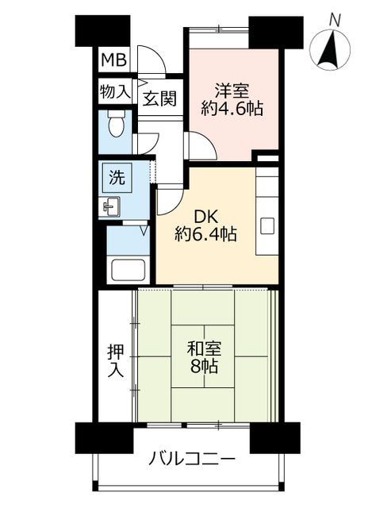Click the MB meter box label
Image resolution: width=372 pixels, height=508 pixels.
pyautogui.click(x=113, y=60)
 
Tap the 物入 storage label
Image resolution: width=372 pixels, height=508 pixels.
pyautogui.click(x=115, y=92)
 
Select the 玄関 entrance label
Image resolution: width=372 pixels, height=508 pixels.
pyautogui.click(x=159, y=98)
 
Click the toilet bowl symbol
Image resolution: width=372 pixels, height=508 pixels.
pyautogui.click(x=116, y=124)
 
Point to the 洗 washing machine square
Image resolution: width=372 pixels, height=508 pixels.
pyautogui.click(x=117, y=178)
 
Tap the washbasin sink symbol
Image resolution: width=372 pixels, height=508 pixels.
pyautogui.click(x=111, y=206)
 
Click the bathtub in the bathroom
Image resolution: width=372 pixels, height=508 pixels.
pyautogui.click(x=128, y=270)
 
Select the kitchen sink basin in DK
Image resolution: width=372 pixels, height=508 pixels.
pyautogui.click(x=267, y=225)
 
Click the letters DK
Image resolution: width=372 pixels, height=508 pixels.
pyautogui.click(x=206, y=217)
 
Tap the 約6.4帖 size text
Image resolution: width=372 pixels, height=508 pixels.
pyautogui.click(x=205, y=234)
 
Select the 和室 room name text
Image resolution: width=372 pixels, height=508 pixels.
pyautogui.click(x=205, y=349)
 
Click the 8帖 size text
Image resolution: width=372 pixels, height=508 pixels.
pyautogui.click(x=204, y=366)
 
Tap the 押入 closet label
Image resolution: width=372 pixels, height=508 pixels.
pyautogui.click(x=116, y=360)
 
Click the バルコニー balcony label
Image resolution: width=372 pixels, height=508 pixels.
pyautogui.click(x=191, y=459)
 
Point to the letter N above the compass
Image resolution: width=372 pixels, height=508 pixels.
pyautogui.click(x=335, y=21)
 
